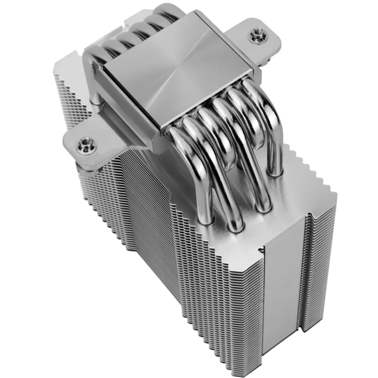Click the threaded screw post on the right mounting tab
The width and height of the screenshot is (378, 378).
pos(255,37)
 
